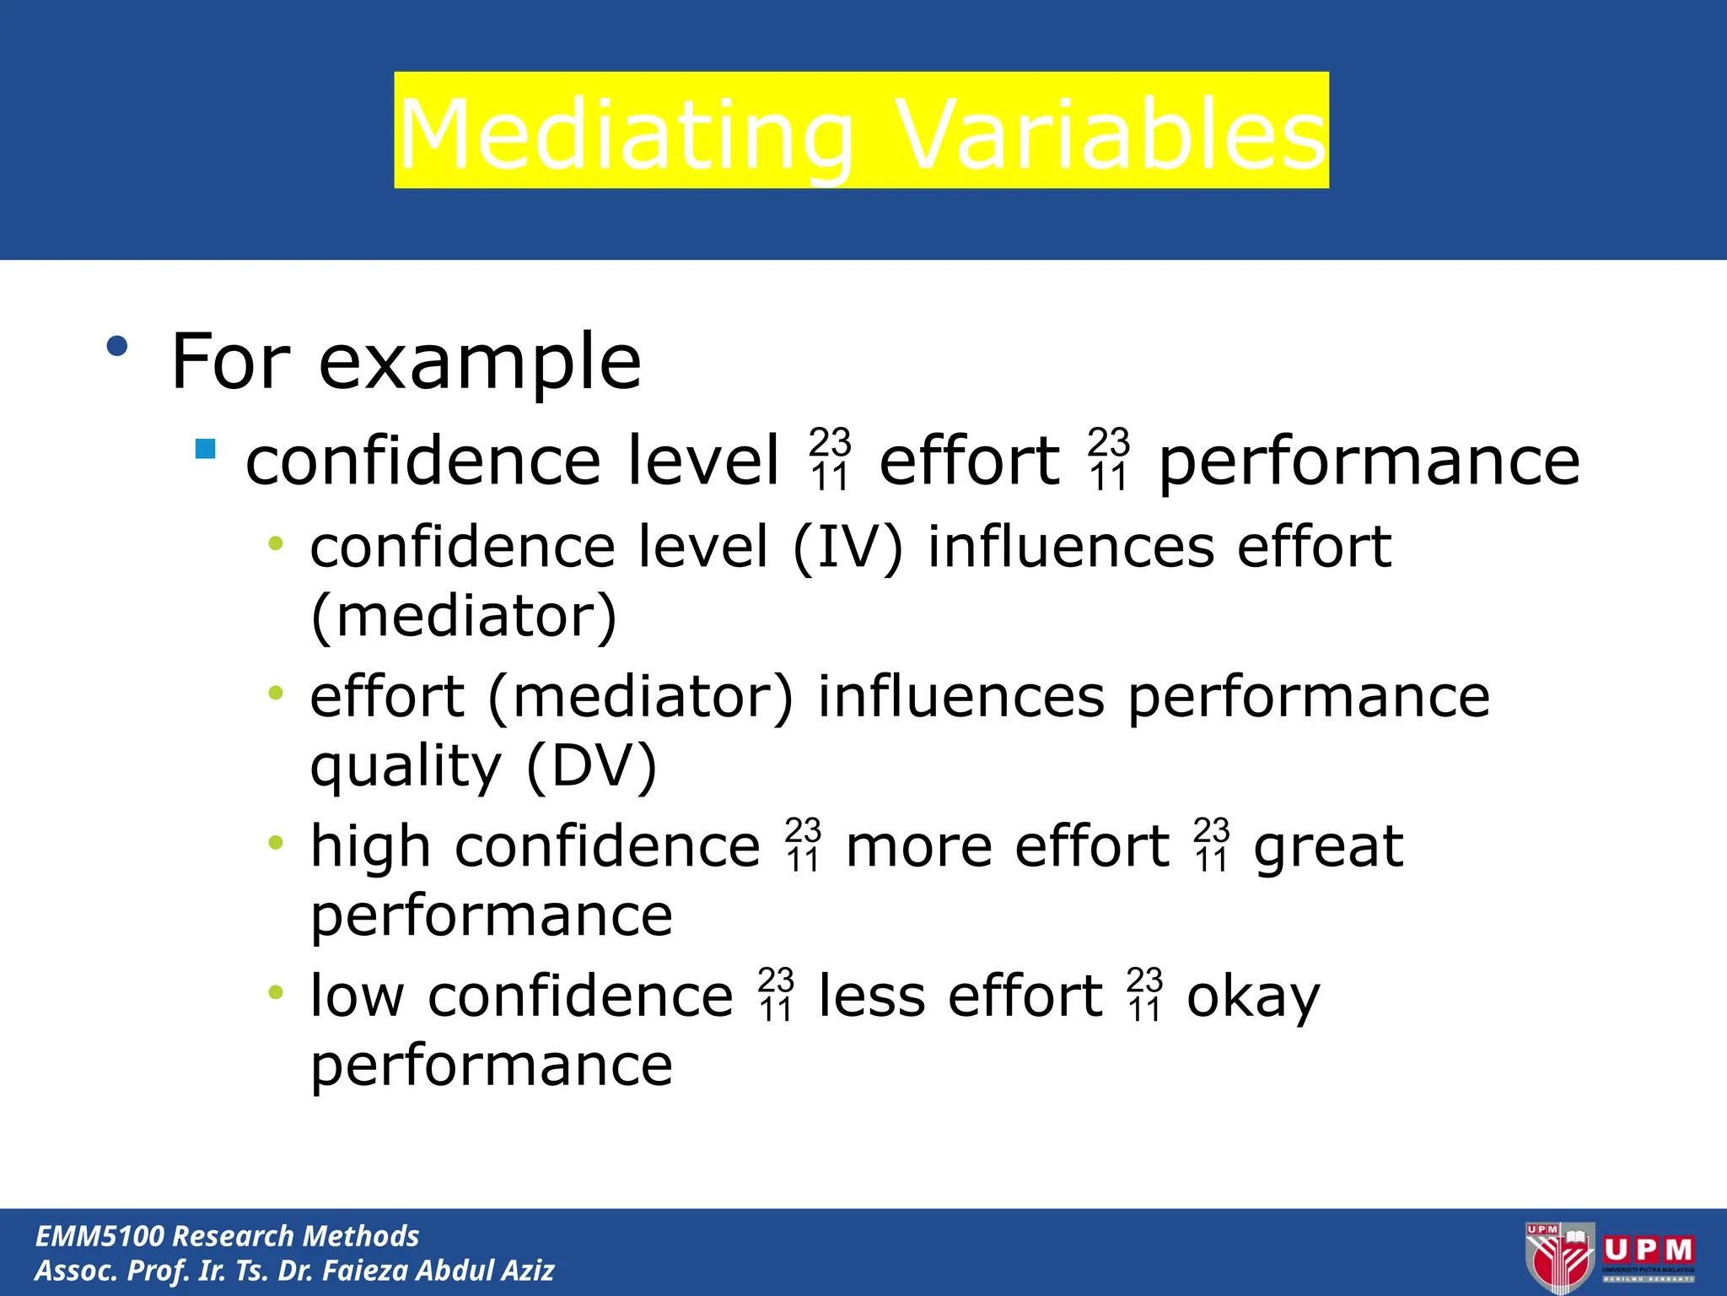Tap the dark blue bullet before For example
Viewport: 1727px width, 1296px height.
(x=117, y=346)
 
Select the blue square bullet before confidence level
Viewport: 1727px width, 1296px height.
(x=205, y=448)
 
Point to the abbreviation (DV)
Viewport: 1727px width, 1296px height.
(x=591, y=766)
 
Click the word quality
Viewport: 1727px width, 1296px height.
(x=406, y=766)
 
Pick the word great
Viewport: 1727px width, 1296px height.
(x=1328, y=846)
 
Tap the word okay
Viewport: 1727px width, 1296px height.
(x=1253, y=997)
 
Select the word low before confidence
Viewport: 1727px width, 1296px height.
(x=358, y=996)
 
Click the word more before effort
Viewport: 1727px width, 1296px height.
(x=918, y=846)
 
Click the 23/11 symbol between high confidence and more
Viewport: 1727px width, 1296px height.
(x=803, y=845)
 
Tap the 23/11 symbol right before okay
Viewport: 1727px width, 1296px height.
(x=1144, y=995)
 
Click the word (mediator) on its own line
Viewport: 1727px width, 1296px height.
(x=464, y=617)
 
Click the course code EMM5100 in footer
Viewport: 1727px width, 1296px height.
(x=100, y=1236)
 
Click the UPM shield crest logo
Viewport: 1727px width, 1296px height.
(x=1558, y=1257)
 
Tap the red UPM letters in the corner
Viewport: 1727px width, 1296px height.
(x=1649, y=1250)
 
